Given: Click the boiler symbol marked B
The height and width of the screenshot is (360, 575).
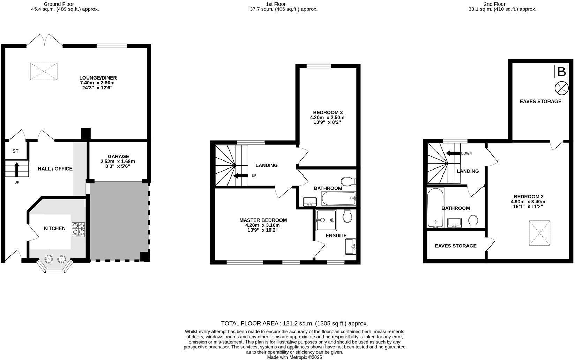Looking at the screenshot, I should pos(561,72).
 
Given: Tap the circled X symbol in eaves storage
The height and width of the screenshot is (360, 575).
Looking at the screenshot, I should pos(561,88).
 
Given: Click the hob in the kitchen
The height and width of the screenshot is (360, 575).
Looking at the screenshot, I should pos(79,229).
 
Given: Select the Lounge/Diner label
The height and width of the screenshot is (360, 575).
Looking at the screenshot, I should pos(98,78).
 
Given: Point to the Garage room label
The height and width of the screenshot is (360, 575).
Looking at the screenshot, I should pos(118,156).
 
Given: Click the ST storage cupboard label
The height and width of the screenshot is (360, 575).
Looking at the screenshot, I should pos(15,151).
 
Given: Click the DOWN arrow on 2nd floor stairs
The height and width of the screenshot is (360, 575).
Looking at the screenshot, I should pos(453,153).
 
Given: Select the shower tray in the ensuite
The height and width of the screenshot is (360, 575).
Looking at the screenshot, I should pos(326,220).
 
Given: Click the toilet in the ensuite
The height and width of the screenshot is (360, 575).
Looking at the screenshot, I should pos(347,216).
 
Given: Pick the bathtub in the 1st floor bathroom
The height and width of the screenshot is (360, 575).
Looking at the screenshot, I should pos(338,199).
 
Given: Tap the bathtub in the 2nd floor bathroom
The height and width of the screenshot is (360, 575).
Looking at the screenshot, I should pos(435,208).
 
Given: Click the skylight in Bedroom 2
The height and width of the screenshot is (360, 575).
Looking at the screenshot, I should pos(539,233).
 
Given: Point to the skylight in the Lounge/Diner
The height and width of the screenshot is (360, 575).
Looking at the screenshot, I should pos(44,72).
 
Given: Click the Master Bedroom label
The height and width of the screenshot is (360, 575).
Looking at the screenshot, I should pos(263,220).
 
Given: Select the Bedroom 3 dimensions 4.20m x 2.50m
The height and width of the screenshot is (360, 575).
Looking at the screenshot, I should pos(327,118).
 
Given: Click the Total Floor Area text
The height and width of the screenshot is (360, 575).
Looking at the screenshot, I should pos(294,323).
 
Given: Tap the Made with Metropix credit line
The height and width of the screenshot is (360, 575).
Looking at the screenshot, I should pos(294,357).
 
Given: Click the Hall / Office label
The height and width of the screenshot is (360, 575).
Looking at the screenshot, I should pos(55,168).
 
